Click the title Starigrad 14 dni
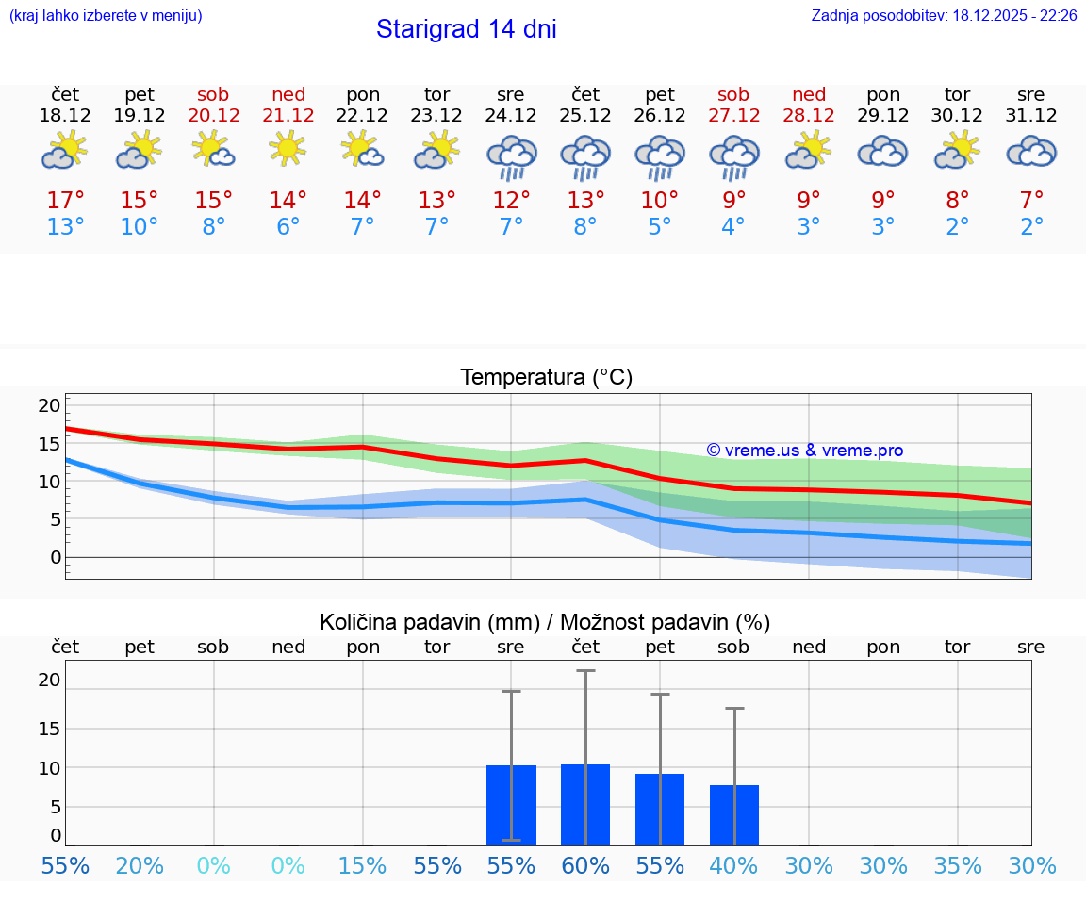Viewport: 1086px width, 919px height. point(466,29)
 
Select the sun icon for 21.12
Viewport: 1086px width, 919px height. point(288,147)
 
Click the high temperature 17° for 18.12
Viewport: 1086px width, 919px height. point(65,201)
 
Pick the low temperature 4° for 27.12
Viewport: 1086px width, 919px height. point(733,227)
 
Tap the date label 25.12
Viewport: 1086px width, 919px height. point(585,116)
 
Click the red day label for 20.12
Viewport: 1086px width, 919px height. point(214,95)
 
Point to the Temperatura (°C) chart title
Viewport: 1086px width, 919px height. point(546,378)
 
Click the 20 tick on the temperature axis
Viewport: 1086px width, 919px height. point(49,405)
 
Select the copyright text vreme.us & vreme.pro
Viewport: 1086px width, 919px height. point(804,451)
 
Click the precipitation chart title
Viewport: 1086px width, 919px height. point(545,622)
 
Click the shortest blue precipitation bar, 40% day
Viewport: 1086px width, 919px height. point(733,814)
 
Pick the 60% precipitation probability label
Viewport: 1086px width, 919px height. point(585,866)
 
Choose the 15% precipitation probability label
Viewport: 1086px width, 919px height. point(363,866)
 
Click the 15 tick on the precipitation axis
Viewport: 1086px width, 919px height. point(49,728)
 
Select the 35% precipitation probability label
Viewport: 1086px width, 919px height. point(958,866)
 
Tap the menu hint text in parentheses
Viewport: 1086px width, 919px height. point(106,16)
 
